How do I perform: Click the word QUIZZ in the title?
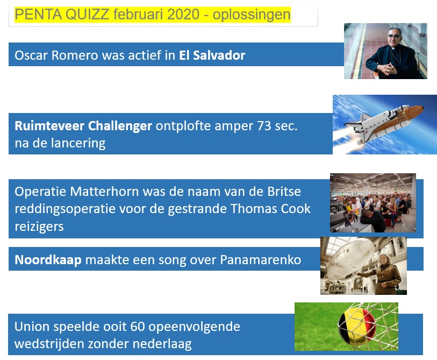point(87,14)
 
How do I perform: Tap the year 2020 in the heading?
point(183,14)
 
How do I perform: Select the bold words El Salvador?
point(212,55)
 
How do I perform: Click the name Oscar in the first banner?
point(31,55)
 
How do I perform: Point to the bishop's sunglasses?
point(393,36)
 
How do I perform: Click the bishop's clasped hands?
point(387,69)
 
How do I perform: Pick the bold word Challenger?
point(120,126)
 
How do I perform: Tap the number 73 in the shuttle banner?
point(264,126)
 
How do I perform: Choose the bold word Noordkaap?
point(48,260)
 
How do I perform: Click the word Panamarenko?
point(261,260)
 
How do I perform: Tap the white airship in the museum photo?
point(351,256)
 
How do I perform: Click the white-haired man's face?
point(384,260)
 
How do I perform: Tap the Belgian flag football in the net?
point(357,326)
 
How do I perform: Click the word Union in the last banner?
point(32,327)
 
